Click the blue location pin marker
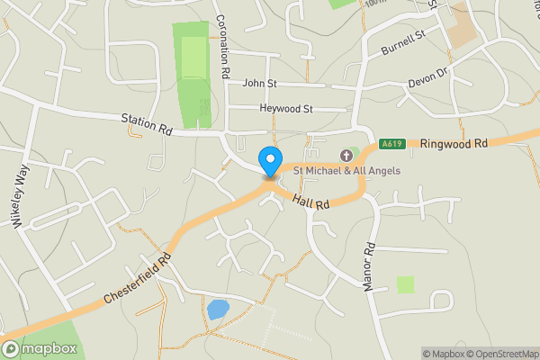(269, 161)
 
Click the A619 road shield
(391, 143)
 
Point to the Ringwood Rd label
(453, 143)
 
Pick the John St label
(260, 83)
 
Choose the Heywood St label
(285, 109)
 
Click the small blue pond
(218, 310)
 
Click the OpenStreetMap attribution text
(504, 354)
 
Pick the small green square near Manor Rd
(406, 284)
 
